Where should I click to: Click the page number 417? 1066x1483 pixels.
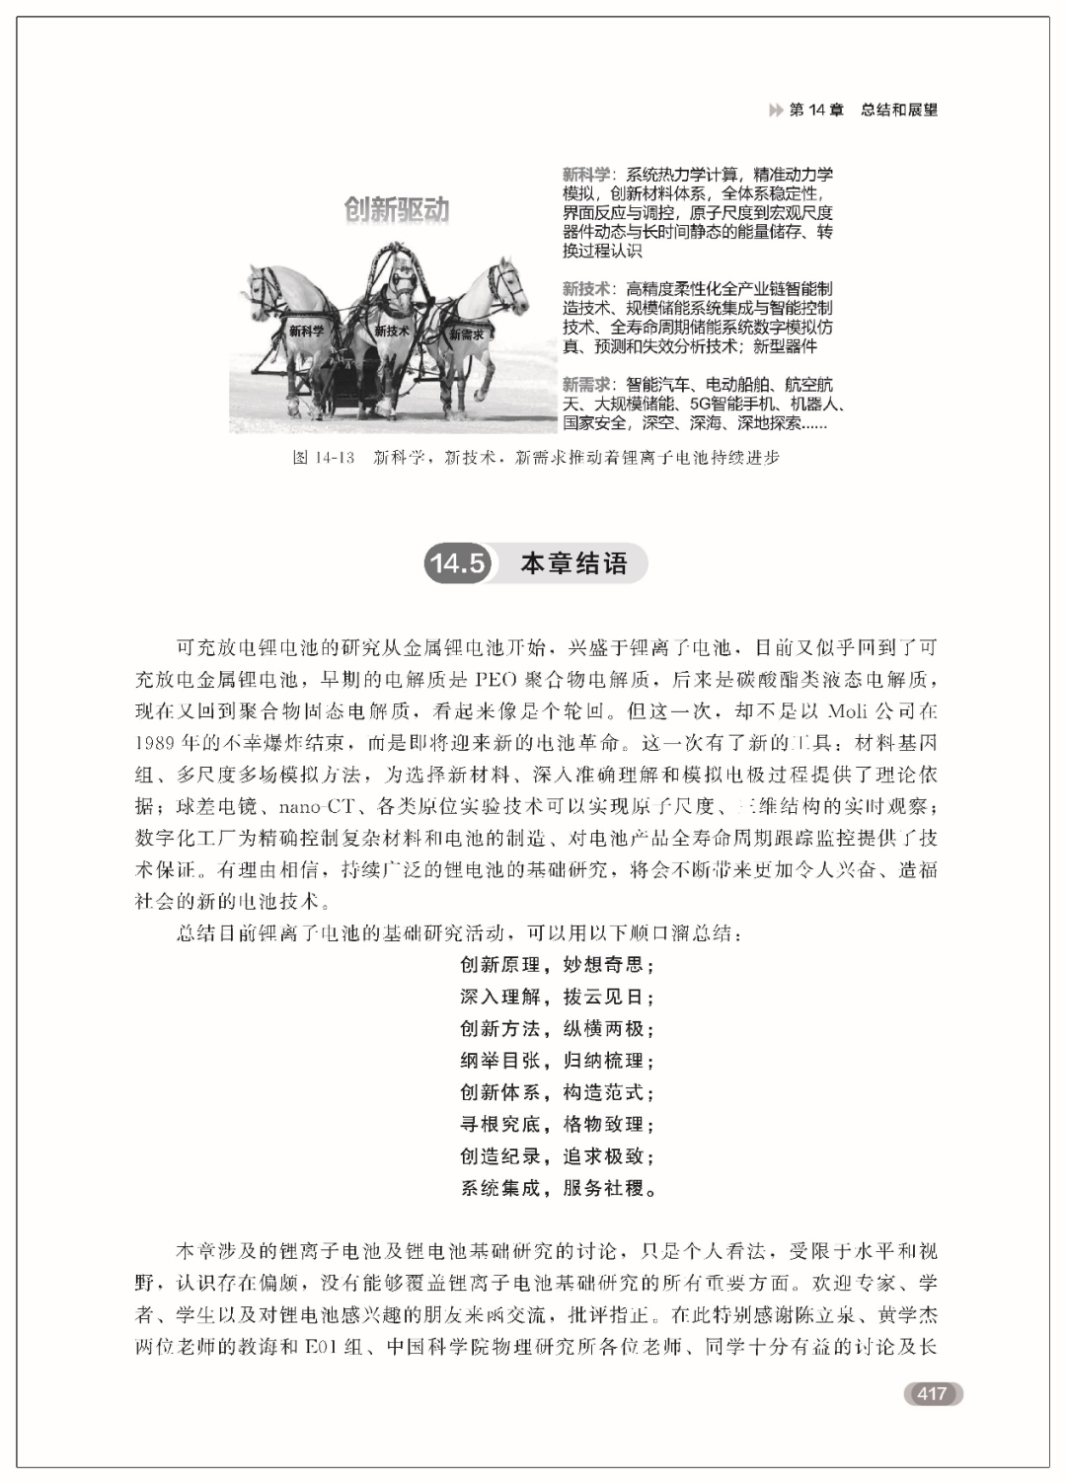click(x=932, y=1393)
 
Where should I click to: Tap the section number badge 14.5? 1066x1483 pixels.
click(x=458, y=563)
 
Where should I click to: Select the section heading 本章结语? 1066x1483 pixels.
click(x=573, y=563)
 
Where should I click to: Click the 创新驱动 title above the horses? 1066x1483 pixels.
click(x=396, y=209)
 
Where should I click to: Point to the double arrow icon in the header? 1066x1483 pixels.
click(x=776, y=111)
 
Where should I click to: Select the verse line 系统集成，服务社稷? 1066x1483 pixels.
click(x=558, y=1188)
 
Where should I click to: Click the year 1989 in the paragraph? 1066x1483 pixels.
click(x=155, y=742)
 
